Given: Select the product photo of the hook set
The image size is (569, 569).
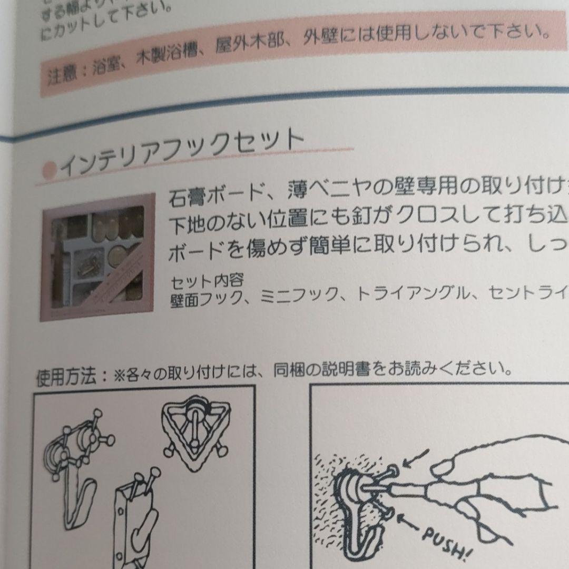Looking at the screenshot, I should coord(98,257).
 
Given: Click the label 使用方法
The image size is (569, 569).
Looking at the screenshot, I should coord(65,376).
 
